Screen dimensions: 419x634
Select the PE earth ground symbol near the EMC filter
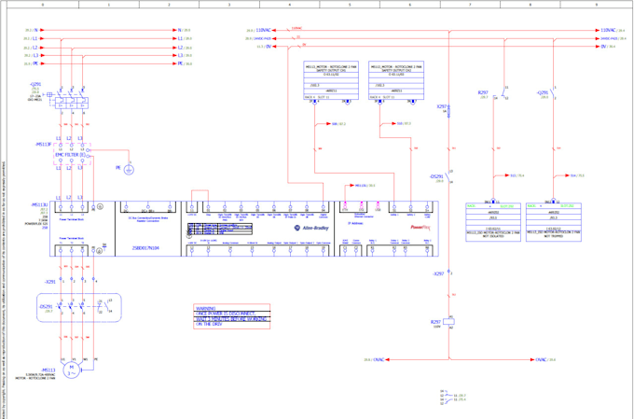click(x=129, y=169)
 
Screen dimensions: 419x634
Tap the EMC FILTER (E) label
click(x=69, y=155)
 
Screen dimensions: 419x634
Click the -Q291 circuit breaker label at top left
click(x=35, y=84)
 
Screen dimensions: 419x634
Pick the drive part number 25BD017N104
click(x=147, y=247)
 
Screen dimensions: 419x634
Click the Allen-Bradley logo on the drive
click(x=312, y=226)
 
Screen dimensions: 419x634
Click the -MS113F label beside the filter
click(x=43, y=145)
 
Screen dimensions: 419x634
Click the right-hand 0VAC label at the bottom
click(x=540, y=359)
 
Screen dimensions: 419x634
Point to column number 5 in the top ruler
click(x=350, y=5)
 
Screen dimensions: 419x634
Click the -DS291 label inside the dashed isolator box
click(x=46, y=306)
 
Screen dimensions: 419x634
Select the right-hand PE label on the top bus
click(x=180, y=63)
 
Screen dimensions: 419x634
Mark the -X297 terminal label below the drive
click(x=438, y=273)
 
